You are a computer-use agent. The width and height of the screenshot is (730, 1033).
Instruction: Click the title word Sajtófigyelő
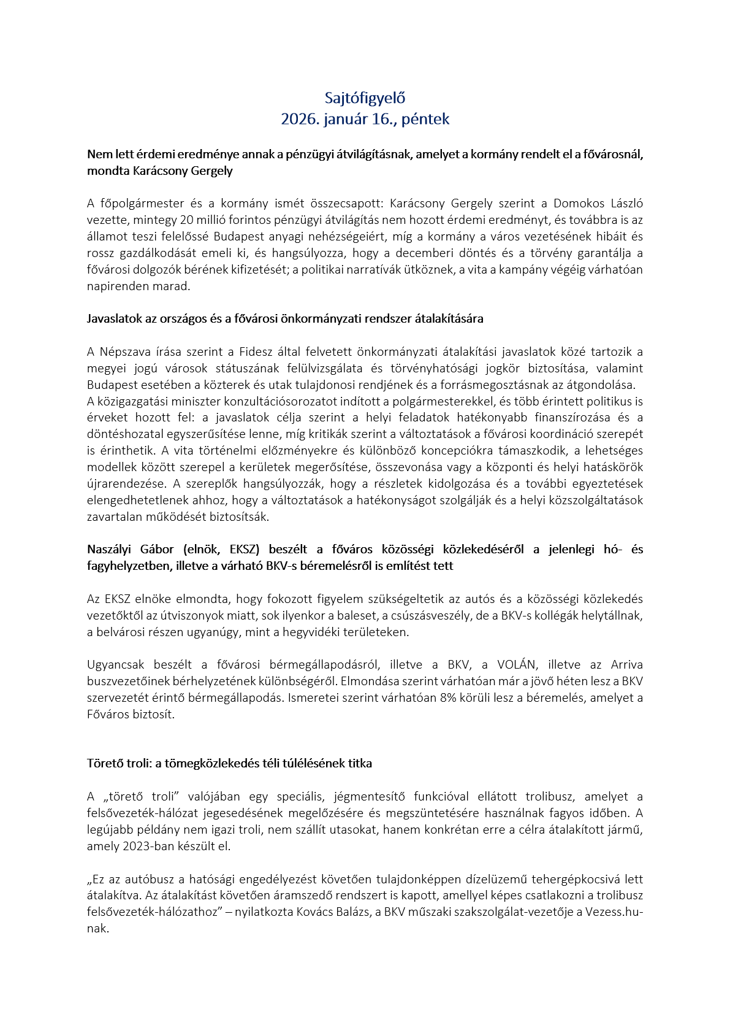point(365,98)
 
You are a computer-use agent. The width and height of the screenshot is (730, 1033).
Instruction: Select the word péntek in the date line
point(426,119)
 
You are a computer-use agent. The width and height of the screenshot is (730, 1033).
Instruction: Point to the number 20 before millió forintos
point(186,220)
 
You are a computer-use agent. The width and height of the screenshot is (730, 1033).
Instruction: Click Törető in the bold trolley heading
point(104,764)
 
